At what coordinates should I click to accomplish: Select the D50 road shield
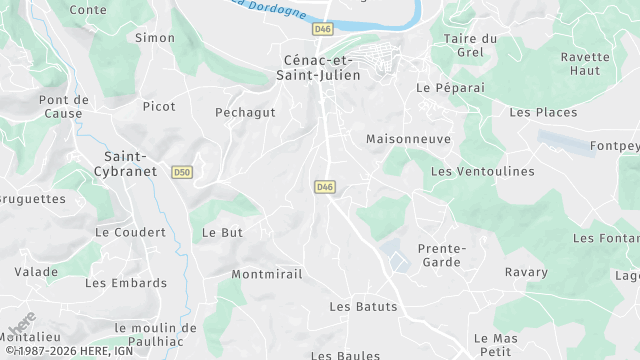(x=181, y=172)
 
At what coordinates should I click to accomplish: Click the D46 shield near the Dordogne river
(x=322, y=30)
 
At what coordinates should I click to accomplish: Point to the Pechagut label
(x=246, y=112)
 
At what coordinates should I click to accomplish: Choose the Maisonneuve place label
(x=409, y=139)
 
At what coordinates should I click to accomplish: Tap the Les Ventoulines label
(x=482, y=171)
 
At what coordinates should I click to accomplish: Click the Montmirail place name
(x=266, y=274)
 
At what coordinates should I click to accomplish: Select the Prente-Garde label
(x=441, y=255)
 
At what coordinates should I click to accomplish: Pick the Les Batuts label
(x=363, y=306)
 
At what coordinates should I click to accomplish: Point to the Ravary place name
(x=526, y=272)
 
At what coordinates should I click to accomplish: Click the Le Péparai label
(x=450, y=87)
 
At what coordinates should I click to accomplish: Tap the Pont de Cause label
(x=64, y=106)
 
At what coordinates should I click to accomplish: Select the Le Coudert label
(x=130, y=231)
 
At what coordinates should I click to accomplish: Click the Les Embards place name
(x=126, y=283)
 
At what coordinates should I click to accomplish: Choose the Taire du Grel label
(x=470, y=45)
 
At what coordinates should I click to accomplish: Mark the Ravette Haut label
(x=586, y=64)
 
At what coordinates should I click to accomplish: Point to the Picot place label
(x=159, y=106)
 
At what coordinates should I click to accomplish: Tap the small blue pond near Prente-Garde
(x=399, y=262)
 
